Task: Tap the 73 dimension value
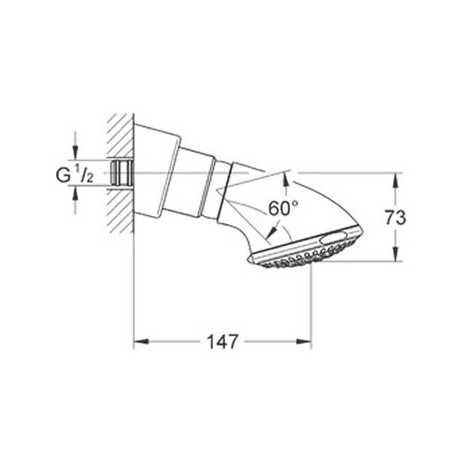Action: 395,218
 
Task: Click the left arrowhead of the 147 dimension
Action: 138,340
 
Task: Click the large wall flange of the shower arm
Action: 156,172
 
